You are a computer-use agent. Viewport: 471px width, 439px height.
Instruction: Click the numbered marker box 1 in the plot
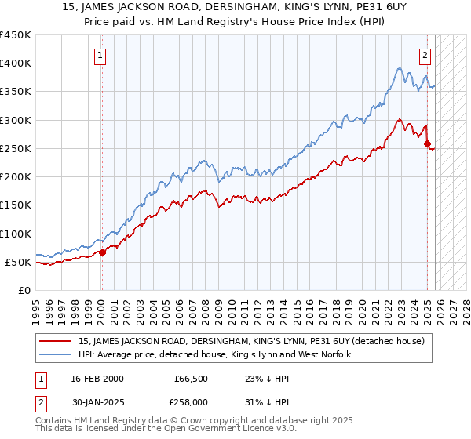pyautogui.click(x=101, y=55)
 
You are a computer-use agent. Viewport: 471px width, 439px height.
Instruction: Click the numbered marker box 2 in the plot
pyautogui.click(x=425, y=55)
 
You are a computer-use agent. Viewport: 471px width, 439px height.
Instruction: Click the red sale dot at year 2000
pyautogui.click(x=102, y=252)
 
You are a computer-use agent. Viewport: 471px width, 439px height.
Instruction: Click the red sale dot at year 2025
pyautogui.click(x=427, y=143)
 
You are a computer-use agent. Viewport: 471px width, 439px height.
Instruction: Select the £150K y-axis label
pyautogui.click(x=16, y=205)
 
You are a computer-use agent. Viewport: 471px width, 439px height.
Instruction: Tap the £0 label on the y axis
pyautogui.click(x=24, y=290)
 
